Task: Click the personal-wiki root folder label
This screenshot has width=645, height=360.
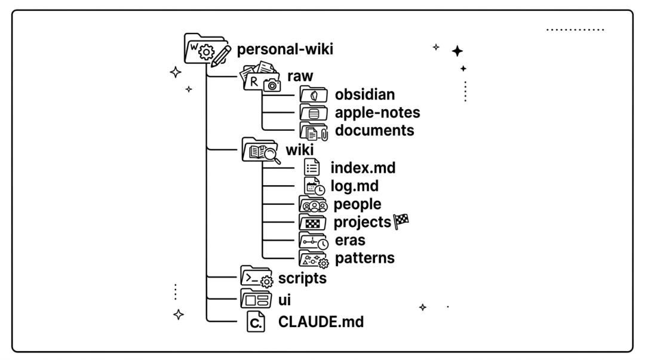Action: tap(285, 49)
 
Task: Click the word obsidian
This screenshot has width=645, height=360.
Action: tap(365, 94)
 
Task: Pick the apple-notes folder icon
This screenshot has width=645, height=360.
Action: tap(314, 112)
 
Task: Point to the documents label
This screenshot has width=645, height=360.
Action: tap(374, 130)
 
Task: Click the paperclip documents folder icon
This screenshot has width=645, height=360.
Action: tap(314, 131)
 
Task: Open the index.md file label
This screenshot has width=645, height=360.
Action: tap(363, 168)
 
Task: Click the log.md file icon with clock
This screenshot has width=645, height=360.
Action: tap(314, 186)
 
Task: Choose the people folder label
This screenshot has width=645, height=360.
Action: tap(357, 204)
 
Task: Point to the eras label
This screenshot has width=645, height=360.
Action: tap(350, 240)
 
